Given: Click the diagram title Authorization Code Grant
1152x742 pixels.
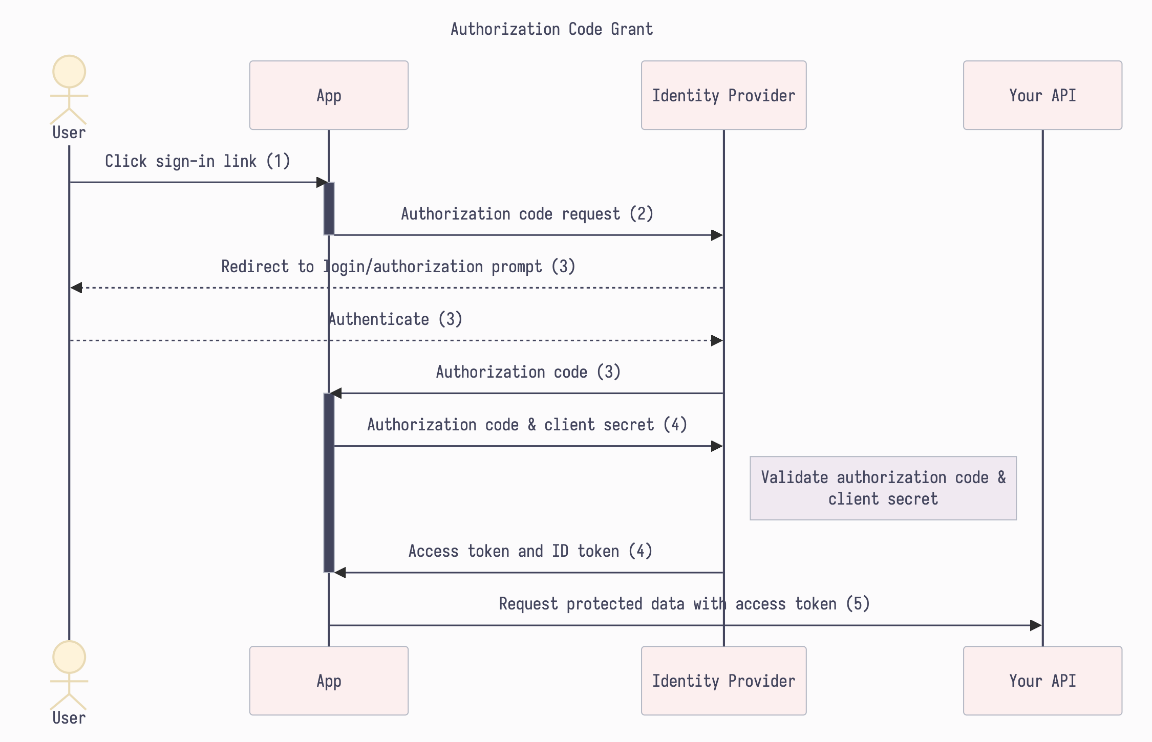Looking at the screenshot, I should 551,29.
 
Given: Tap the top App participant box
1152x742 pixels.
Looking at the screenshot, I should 329,95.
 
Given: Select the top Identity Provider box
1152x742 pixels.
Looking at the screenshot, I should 723,95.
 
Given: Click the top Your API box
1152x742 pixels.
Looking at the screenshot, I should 1042,95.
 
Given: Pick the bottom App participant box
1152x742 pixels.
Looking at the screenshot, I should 329,681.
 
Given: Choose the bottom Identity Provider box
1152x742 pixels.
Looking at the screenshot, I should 723,681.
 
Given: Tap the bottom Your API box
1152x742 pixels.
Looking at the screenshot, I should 1042,681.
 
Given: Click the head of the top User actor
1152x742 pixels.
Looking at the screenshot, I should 69,72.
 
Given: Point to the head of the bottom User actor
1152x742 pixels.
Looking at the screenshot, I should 69,657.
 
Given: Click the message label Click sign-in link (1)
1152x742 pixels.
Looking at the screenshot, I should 198,161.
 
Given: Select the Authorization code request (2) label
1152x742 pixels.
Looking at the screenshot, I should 527,214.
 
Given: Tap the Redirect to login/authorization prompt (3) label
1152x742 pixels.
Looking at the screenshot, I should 398,267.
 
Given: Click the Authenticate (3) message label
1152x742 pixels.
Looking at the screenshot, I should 395,319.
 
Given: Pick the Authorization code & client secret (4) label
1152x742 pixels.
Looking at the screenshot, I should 527,425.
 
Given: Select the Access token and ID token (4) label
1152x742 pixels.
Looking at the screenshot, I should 530,551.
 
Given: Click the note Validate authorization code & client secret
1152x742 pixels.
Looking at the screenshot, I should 883,488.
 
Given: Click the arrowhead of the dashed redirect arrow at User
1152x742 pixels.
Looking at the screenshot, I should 76,288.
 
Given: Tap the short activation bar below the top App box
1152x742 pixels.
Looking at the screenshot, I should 329,209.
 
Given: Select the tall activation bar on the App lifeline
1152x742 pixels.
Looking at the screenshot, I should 329,483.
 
